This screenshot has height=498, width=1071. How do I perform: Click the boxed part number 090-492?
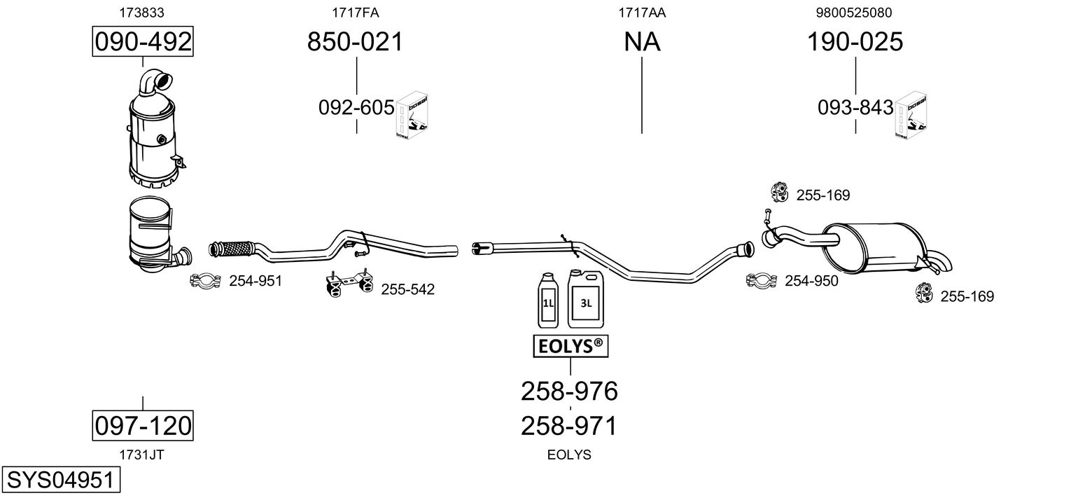[143, 42]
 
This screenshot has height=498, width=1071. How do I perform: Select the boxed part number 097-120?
[143, 425]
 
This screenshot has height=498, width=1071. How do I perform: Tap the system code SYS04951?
[60, 481]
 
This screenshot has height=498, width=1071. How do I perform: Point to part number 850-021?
[356, 42]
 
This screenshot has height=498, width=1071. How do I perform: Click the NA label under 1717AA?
[642, 42]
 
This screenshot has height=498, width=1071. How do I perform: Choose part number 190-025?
[855, 42]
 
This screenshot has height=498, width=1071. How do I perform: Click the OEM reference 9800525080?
[854, 12]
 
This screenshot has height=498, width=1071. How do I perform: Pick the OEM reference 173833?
[143, 12]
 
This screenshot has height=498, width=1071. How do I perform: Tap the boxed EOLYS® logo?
[570, 345]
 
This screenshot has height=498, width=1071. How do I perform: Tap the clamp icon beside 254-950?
[762, 281]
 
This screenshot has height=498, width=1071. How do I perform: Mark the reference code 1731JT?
[142, 454]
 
